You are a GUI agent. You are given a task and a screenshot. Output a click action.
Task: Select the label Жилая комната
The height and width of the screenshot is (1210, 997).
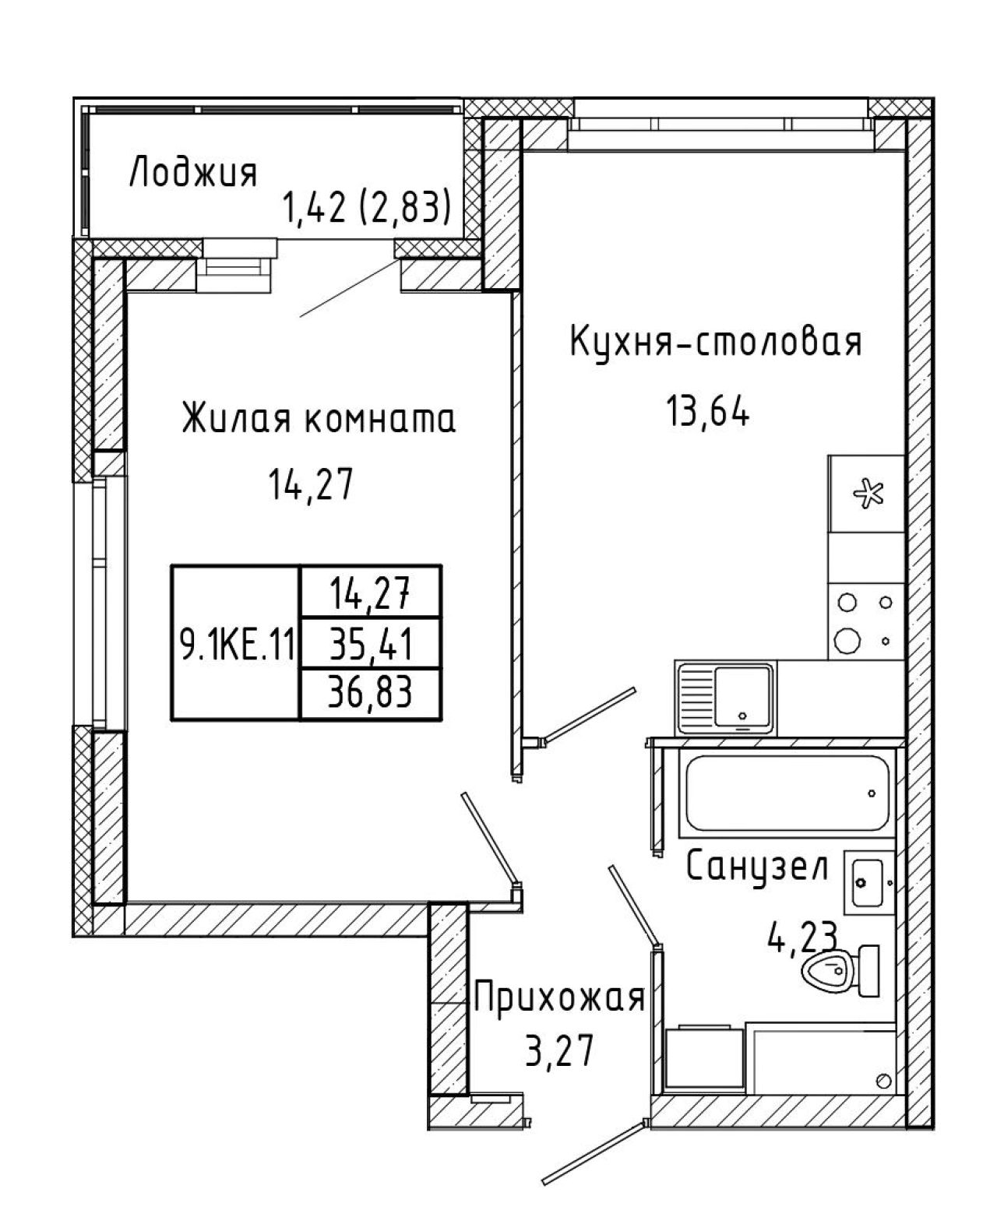coord(319,419)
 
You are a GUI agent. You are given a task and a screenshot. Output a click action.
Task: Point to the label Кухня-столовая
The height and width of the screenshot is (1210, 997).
coord(717,342)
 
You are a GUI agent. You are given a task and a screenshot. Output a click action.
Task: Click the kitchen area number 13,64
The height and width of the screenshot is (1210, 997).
coord(708,411)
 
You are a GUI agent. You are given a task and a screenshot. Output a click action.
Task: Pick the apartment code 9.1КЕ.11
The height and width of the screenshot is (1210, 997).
coord(237,645)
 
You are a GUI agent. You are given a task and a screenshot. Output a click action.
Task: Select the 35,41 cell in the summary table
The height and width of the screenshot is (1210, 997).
coord(371,645)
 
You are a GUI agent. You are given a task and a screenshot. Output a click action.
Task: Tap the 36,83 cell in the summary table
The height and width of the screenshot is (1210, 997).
coord(371,693)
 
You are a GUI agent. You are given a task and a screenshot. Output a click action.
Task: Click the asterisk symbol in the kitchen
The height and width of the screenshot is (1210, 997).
coord(868,494)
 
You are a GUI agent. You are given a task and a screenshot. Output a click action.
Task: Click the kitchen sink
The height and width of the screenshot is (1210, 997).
coord(725,698)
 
